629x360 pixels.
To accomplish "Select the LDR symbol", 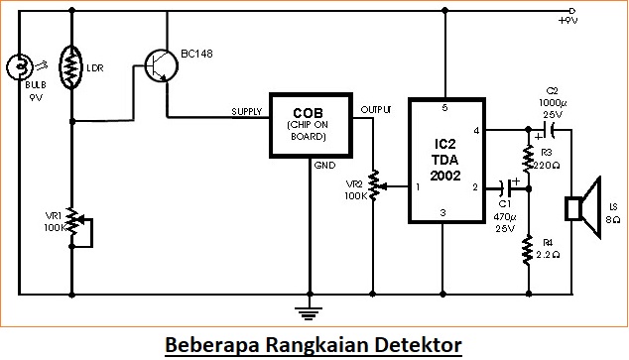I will click(x=71, y=65).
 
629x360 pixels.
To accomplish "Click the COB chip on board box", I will click(x=311, y=126).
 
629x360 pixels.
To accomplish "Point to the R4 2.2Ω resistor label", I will click(x=547, y=248).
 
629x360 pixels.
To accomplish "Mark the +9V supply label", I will click(x=568, y=20).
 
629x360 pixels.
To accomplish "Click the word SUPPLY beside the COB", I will click(x=246, y=110).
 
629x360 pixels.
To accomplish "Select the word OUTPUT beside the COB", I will click(x=376, y=107).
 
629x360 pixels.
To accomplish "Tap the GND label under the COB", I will click(x=324, y=166).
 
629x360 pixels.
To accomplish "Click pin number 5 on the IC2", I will click(x=444, y=107).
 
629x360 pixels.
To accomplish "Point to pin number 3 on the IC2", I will click(x=444, y=211).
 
